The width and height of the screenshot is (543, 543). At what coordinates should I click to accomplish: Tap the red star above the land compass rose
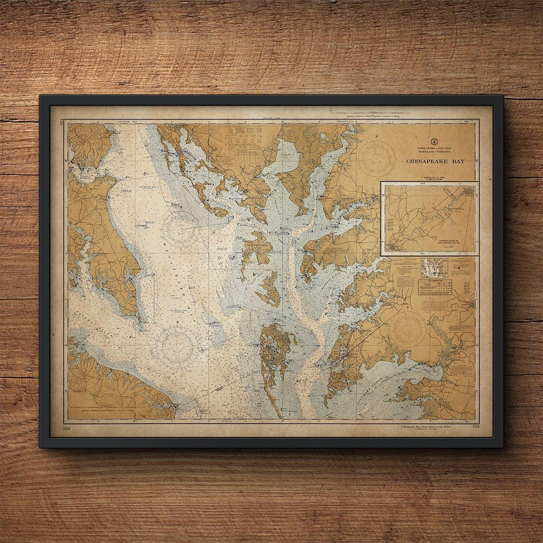[409, 308]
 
